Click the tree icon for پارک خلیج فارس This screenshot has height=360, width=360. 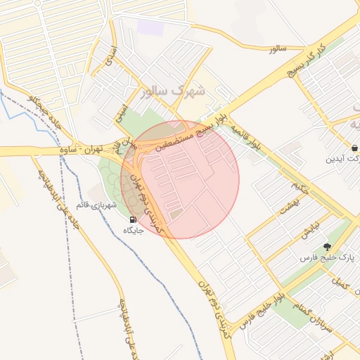tap(327, 246)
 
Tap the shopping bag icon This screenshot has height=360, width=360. tap(353, 148)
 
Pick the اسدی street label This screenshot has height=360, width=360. tap(109, 56)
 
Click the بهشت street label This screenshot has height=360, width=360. tap(290, 205)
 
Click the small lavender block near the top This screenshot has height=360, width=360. tap(149, 28)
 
